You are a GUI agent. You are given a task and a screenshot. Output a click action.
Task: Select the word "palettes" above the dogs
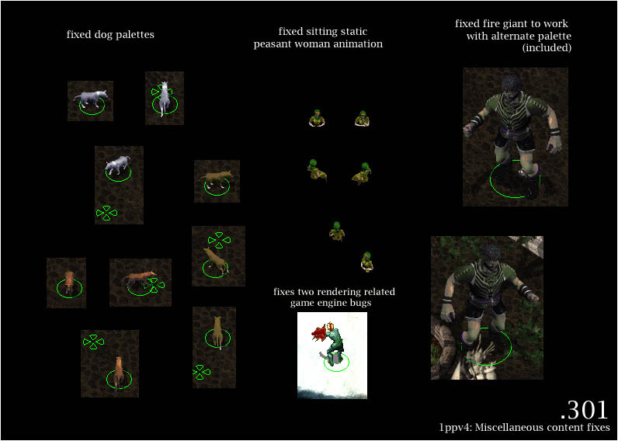135,35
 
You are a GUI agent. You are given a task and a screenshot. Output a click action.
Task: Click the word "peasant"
271,44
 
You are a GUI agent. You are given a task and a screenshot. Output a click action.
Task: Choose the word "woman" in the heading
307,43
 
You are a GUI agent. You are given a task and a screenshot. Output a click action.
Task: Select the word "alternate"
518,36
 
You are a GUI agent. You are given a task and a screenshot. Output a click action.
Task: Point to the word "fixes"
285,292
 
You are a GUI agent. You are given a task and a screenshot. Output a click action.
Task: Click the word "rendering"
347,293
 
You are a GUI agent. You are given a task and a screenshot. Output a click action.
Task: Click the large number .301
585,410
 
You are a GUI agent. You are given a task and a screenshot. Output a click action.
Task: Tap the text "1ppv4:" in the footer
453,428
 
